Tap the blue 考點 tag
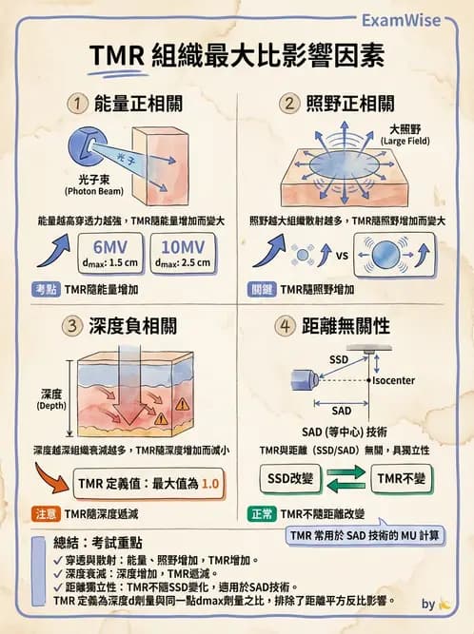(45, 288)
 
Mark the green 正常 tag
(263, 513)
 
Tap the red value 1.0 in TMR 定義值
(210, 483)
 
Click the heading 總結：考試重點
(106, 544)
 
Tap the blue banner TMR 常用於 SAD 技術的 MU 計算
(366, 535)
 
